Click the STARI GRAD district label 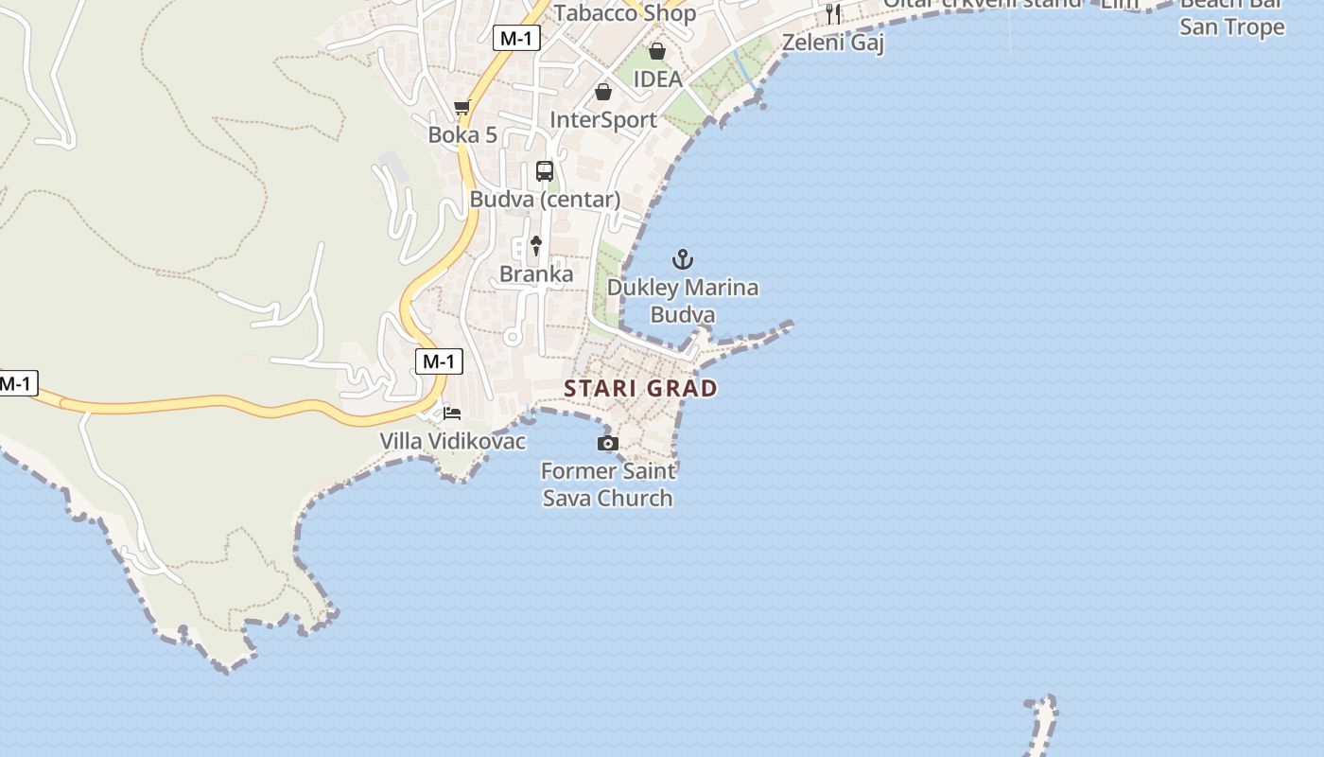640,388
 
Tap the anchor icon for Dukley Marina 683,258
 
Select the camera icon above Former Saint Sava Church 608,443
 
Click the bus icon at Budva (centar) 545,171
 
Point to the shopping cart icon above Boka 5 462,107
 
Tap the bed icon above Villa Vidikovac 452,414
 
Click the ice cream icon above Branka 536,246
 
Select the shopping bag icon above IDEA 657,50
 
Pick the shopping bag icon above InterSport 603,92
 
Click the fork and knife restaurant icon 833,13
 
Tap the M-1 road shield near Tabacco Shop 516,38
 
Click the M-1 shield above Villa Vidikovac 439,361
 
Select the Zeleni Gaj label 833,43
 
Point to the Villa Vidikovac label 453,441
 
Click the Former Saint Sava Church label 608,484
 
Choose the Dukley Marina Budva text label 683,300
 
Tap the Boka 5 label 462,134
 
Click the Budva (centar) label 545,200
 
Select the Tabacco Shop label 625,12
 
